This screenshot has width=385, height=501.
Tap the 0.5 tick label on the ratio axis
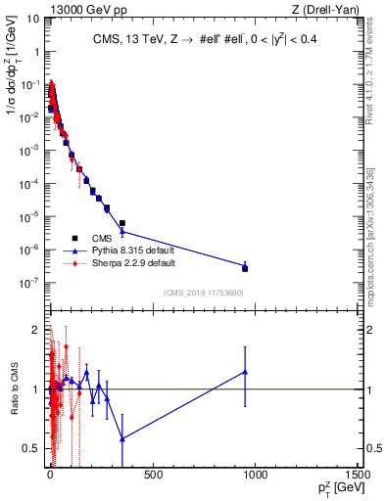31,449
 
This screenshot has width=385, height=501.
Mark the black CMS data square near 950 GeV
245,268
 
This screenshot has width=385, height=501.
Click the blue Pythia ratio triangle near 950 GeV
245,372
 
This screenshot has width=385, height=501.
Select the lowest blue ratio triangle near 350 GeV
121,438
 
